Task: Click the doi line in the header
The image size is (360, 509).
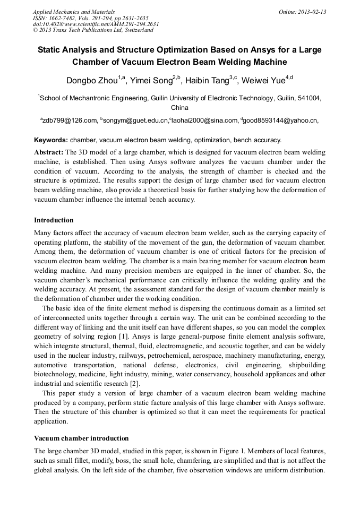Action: tap(96, 24)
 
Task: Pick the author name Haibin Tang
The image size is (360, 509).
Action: tap(207, 81)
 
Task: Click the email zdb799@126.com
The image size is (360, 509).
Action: tap(70, 121)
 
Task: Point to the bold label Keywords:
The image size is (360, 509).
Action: tap(51, 141)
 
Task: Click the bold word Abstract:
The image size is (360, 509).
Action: tap(49, 152)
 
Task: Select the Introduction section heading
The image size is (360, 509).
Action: tap(54, 220)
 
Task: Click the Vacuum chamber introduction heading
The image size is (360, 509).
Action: tap(81, 438)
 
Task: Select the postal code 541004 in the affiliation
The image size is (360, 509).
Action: tap(308, 98)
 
